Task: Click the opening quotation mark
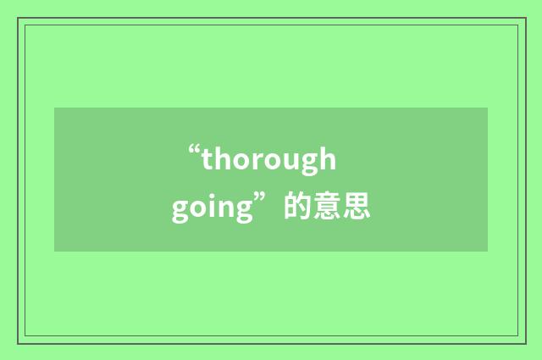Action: pos(194,153)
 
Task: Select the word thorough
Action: pos(269,160)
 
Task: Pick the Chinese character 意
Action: pos(328,208)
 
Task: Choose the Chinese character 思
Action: pos(357,208)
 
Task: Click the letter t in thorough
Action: pos(207,159)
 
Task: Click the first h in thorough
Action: pos(220,158)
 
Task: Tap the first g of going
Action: pos(180,211)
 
